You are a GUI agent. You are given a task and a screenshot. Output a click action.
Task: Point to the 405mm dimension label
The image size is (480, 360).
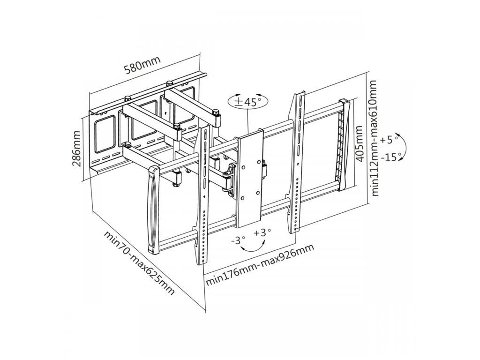point(360,142)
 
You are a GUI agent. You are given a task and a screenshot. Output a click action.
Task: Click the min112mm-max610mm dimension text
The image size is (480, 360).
point(373,138)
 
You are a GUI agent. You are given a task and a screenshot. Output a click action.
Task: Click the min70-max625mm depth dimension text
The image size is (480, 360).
point(139,262)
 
